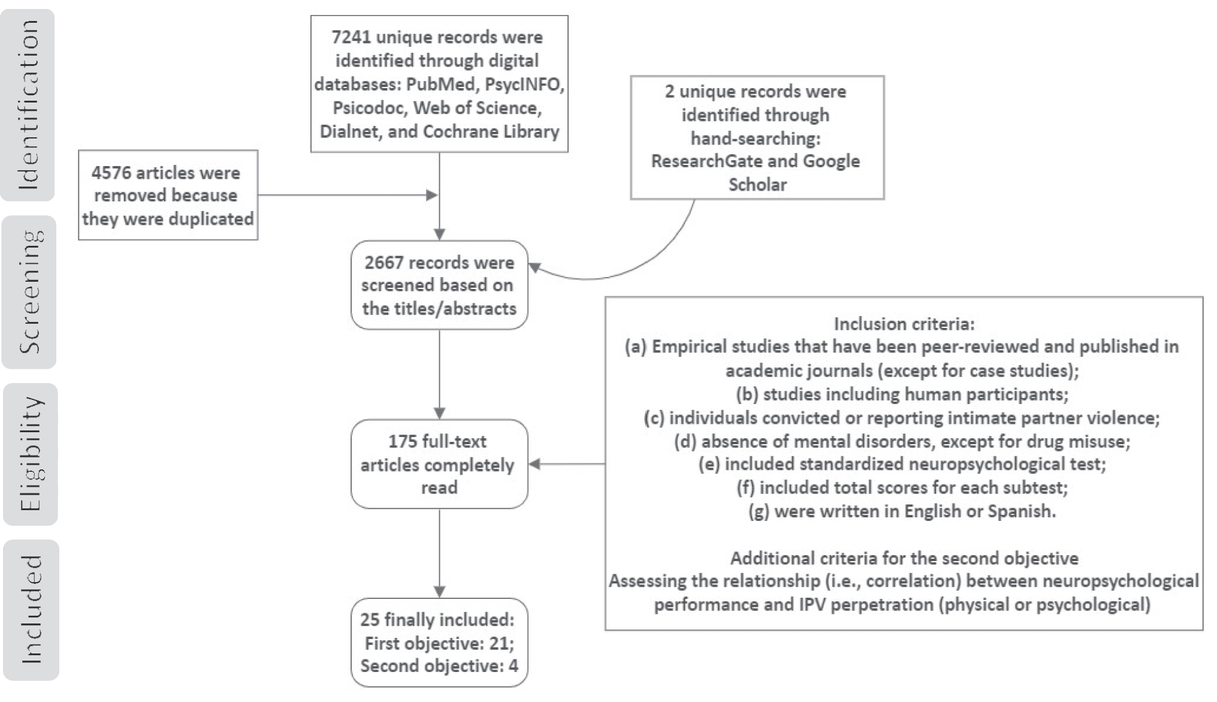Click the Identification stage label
pyautogui.click(x=29, y=105)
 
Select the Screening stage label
pyautogui.click(x=30, y=292)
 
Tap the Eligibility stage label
pyautogui.click(x=31, y=454)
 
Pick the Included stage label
pyautogui.click(x=32, y=610)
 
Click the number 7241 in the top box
pyautogui.click(x=351, y=37)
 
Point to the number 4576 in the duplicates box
pyautogui.click(x=111, y=173)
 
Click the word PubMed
pyautogui.click(x=441, y=84)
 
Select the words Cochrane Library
pyautogui.click(x=491, y=131)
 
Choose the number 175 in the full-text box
pyautogui.click(x=403, y=441)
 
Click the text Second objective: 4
pyautogui.click(x=439, y=666)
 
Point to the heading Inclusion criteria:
pyautogui.click(x=904, y=324)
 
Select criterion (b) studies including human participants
pyautogui.click(x=902, y=394)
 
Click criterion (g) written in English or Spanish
pyautogui.click(x=902, y=511)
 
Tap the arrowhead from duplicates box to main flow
pyautogui.click(x=431, y=195)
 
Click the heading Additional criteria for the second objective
pyautogui.click(x=904, y=558)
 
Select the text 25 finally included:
pyautogui.click(x=437, y=619)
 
